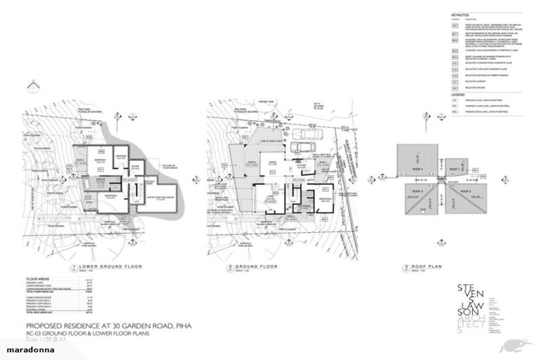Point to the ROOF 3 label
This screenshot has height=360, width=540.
click(416, 191)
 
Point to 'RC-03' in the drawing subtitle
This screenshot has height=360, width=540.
click(35, 335)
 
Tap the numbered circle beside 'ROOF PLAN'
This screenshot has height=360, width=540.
click(407, 268)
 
